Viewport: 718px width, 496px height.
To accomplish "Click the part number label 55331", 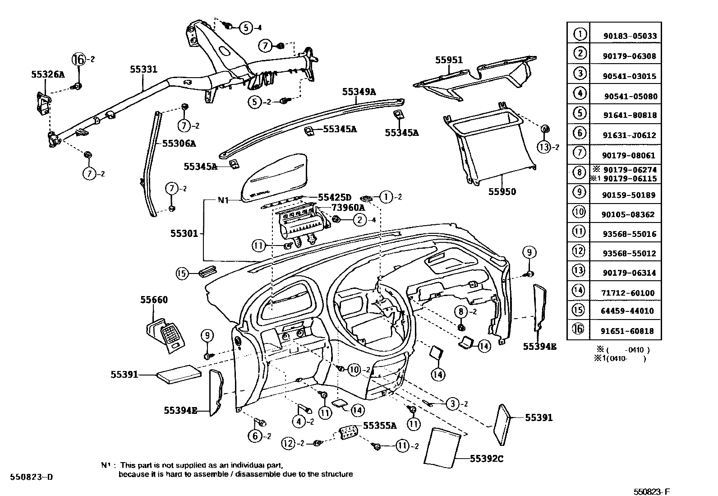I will click(x=143, y=69).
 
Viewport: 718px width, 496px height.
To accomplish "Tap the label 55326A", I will click(x=48, y=74).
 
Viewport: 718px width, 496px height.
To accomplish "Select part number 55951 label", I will click(x=449, y=60).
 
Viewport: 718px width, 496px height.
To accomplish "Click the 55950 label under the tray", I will click(x=502, y=191).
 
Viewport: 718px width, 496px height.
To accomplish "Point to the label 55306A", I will click(x=179, y=144).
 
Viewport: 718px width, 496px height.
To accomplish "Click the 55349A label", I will click(x=359, y=92).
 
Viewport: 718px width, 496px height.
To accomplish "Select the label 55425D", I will click(x=334, y=197).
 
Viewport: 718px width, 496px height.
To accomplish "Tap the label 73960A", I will click(x=348, y=208).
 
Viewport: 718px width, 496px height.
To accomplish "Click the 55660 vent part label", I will click(x=154, y=300).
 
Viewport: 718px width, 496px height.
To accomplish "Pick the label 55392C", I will click(x=486, y=459).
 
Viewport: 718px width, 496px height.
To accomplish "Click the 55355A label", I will click(x=379, y=425).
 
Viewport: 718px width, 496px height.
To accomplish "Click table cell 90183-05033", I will click(x=630, y=36).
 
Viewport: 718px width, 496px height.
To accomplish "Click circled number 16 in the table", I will click(x=579, y=329).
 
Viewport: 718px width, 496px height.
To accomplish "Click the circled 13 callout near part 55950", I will click(x=544, y=147).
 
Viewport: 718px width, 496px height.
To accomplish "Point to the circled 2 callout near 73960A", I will click(x=359, y=220).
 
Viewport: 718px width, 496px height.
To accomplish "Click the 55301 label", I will click(x=184, y=233).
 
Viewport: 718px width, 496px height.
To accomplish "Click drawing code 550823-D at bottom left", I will click(x=32, y=477).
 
